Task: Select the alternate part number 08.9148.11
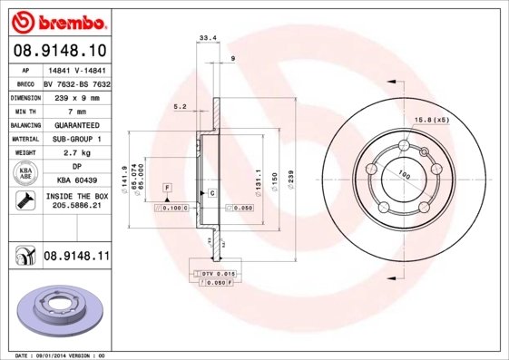pos(76,258)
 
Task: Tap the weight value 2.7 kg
pos(76,153)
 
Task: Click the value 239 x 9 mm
pos(76,96)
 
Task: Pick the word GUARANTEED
pos(76,124)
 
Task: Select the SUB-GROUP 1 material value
pos(76,139)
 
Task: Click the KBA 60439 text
pos(76,181)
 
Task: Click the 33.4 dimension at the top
pos(207,37)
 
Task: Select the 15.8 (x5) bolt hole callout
pos(432,120)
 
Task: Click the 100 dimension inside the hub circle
pos(403,174)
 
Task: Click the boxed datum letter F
pos(168,187)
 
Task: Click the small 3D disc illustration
pos(59,308)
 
